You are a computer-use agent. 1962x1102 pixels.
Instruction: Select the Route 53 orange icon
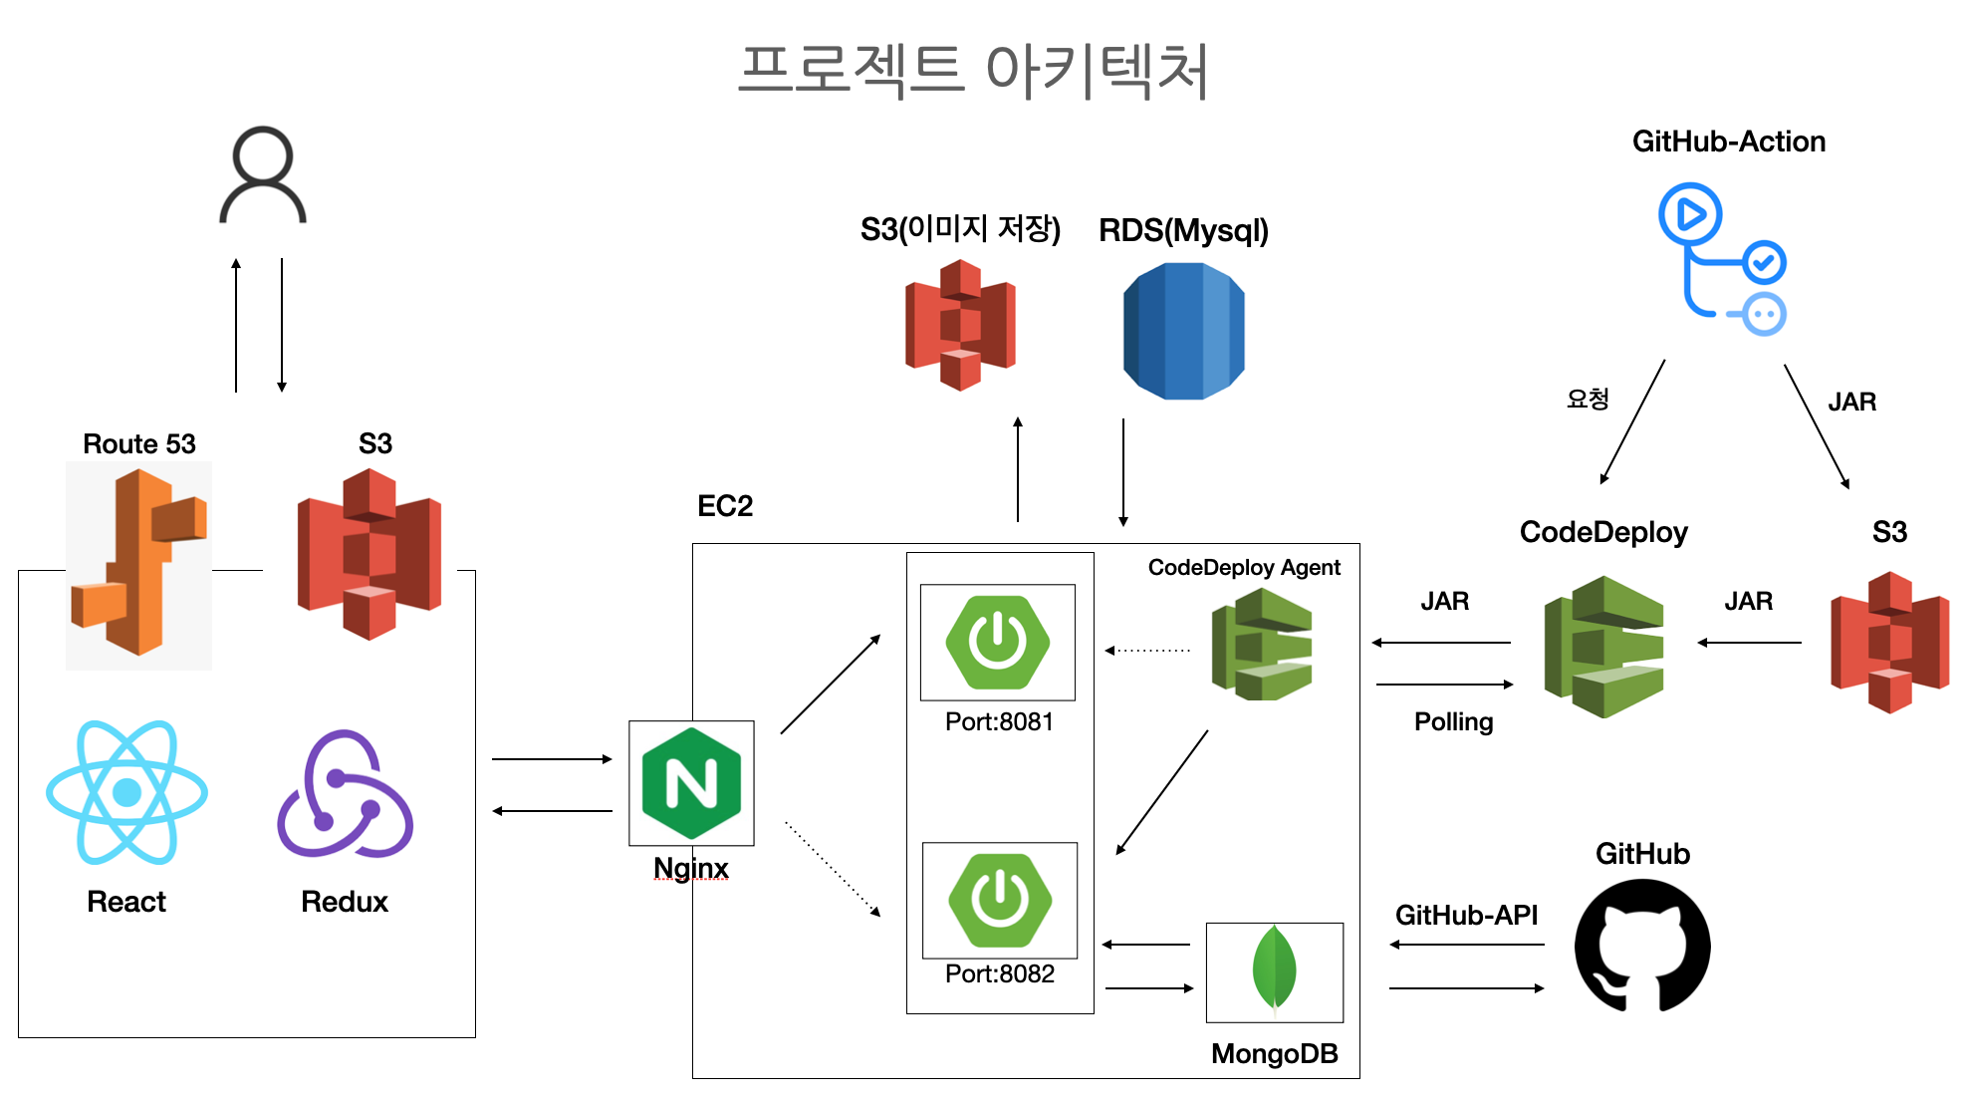click(138, 564)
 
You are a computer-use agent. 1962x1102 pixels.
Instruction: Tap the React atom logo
click(126, 792)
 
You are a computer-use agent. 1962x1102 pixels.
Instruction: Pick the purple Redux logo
click(345, 794)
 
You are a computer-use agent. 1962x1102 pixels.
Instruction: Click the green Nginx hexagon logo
click(691, 783)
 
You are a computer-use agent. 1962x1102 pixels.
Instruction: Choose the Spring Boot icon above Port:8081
click(998, 642)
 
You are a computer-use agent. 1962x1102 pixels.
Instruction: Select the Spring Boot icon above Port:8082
click(1000, 900)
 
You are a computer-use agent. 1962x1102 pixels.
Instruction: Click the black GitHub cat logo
click(1642, 946)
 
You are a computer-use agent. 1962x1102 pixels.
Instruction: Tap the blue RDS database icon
click(1183, 331)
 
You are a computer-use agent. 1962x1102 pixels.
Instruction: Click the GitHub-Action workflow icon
click(1722, 259)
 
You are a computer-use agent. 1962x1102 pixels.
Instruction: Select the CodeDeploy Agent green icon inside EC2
click(1262, 645)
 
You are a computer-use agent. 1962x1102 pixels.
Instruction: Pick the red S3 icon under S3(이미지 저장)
click(960, 325)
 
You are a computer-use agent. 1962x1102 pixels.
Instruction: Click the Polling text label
click(1453, 722)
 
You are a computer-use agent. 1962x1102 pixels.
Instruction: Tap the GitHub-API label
click(1466, 915)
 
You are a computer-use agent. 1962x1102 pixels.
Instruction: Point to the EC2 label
click(725, 506)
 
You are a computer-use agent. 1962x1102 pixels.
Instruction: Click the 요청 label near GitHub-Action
click(1588, 400)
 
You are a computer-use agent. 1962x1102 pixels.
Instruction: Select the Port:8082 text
click(1000, 973)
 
